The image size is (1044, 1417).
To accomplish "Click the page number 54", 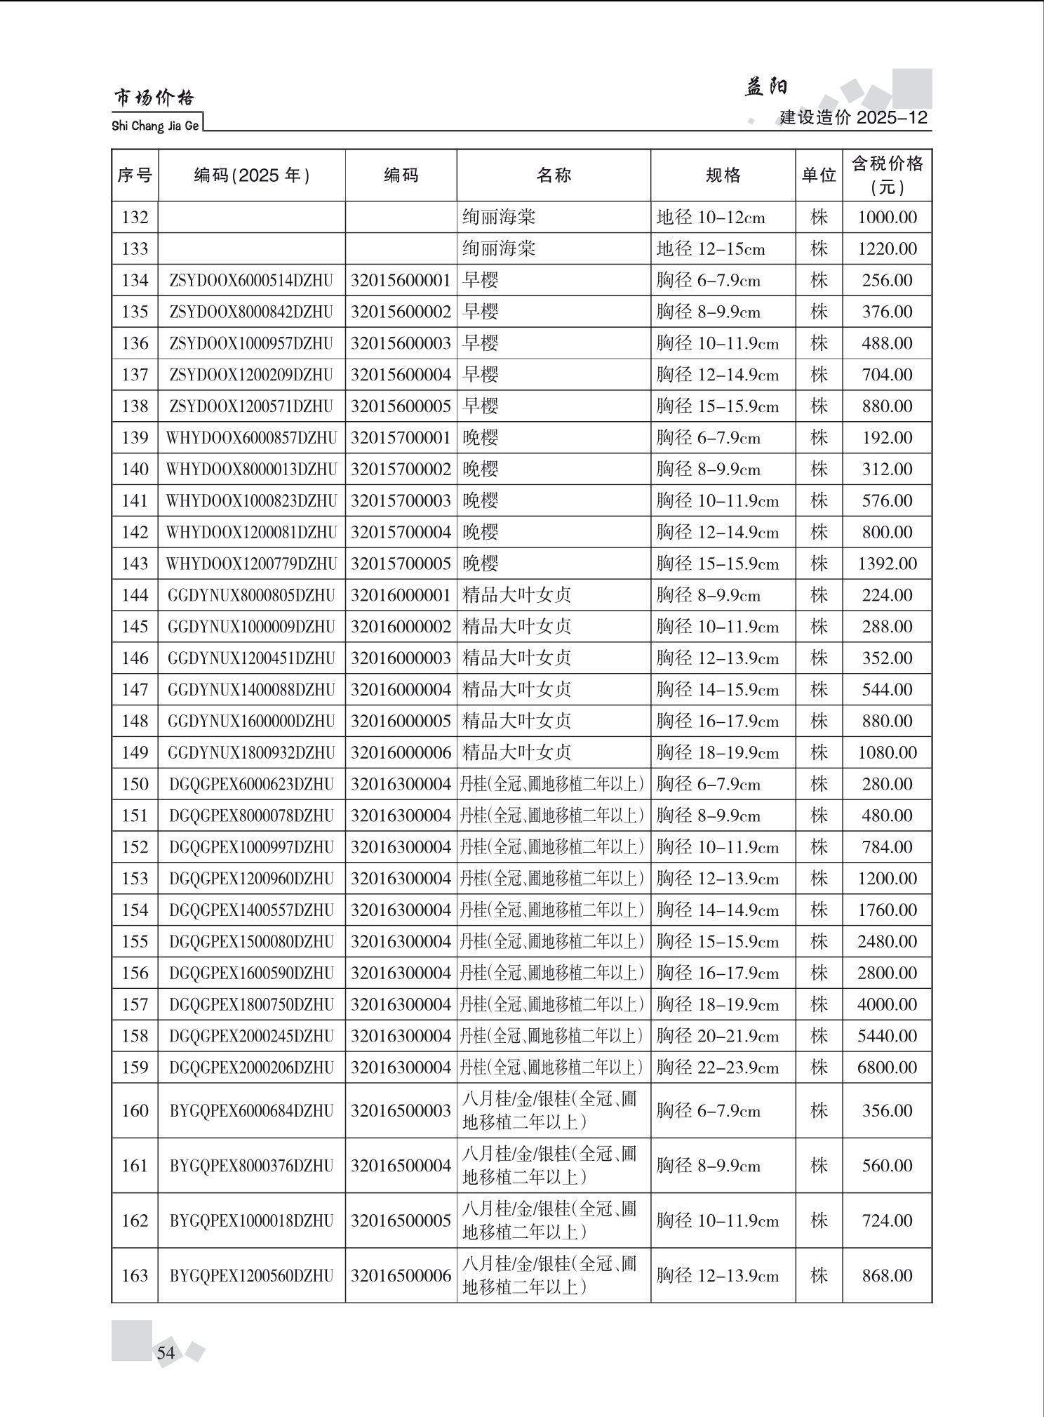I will point(166,1352).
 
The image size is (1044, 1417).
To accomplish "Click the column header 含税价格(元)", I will point(887,175).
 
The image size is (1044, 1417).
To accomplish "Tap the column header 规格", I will point(723,175).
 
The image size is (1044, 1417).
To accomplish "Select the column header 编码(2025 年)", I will point(252,175).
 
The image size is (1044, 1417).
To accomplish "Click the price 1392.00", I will point(887,564).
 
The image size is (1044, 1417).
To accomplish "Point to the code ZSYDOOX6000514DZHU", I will point(251,281).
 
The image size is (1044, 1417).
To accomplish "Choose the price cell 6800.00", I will point(887,1067).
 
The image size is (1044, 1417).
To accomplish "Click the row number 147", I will point(135,690).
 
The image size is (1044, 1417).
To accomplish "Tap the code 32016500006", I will point(401,1275).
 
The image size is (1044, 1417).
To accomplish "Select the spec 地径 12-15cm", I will point(710,249).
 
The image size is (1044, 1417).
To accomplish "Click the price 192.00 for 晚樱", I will point(887,438).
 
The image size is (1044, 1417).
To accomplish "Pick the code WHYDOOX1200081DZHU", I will point(251,533).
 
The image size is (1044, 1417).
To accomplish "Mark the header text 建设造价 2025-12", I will point(853,117).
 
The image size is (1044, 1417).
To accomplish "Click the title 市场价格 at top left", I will point(154,98).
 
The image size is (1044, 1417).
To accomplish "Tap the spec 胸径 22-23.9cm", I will point(717,1067).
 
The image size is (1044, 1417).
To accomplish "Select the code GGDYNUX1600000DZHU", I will point(251,721).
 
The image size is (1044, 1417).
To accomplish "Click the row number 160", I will point(135,1110).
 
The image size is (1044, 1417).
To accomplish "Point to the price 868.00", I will point(887,1275).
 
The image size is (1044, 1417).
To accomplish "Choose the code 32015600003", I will point(401,343).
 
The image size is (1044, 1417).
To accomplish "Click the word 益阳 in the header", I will point(765,87).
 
